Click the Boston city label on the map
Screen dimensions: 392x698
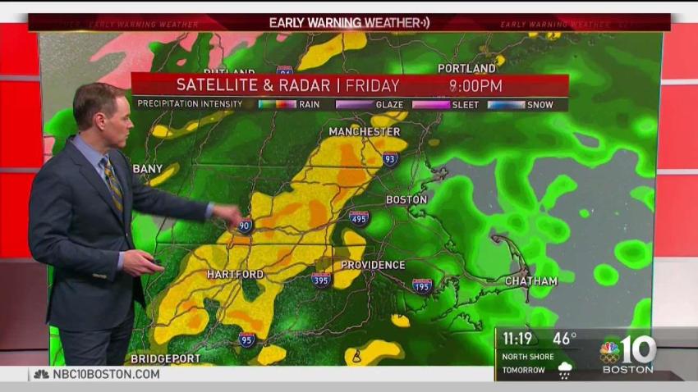click(406, 199)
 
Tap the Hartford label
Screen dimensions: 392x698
click(235, 274)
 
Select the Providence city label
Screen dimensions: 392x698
click(373, 265)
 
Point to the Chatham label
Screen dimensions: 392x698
click(530, 281)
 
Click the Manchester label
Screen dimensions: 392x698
click(365, 131)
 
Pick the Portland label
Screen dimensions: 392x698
click(466, 68)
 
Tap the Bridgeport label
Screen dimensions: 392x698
click(165, 358)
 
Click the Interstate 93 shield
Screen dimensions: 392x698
click(389, 158)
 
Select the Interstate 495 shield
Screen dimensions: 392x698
click(359, 217)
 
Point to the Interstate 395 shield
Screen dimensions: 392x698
click(322, 280)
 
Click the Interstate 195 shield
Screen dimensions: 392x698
click(422, 285)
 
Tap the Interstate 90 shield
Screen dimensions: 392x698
click(245, 225)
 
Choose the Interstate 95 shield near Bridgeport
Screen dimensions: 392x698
click(247, 339)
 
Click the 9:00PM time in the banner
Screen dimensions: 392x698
click(475, 85)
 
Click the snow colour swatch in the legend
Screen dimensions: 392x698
click(507, 104)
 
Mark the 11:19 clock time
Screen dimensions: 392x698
click(518, 337)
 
